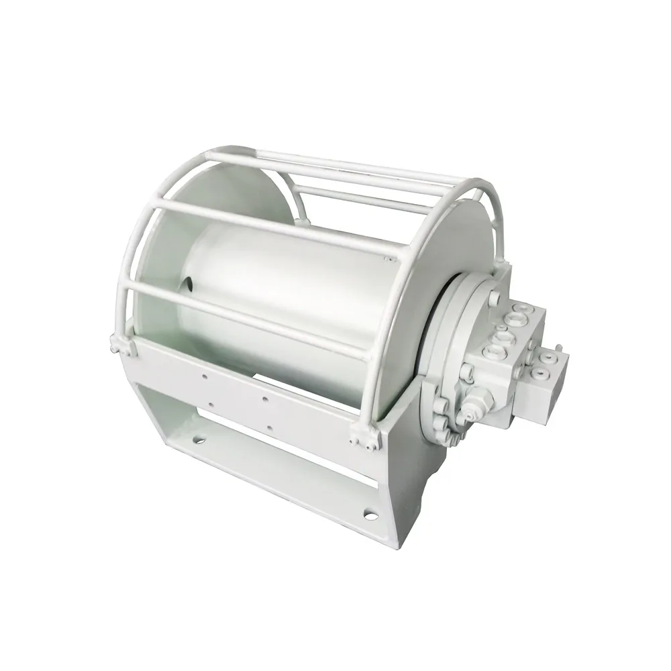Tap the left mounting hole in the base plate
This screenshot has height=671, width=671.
(x=199, y=441)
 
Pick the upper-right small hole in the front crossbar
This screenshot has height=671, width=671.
(x=264, y=398)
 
